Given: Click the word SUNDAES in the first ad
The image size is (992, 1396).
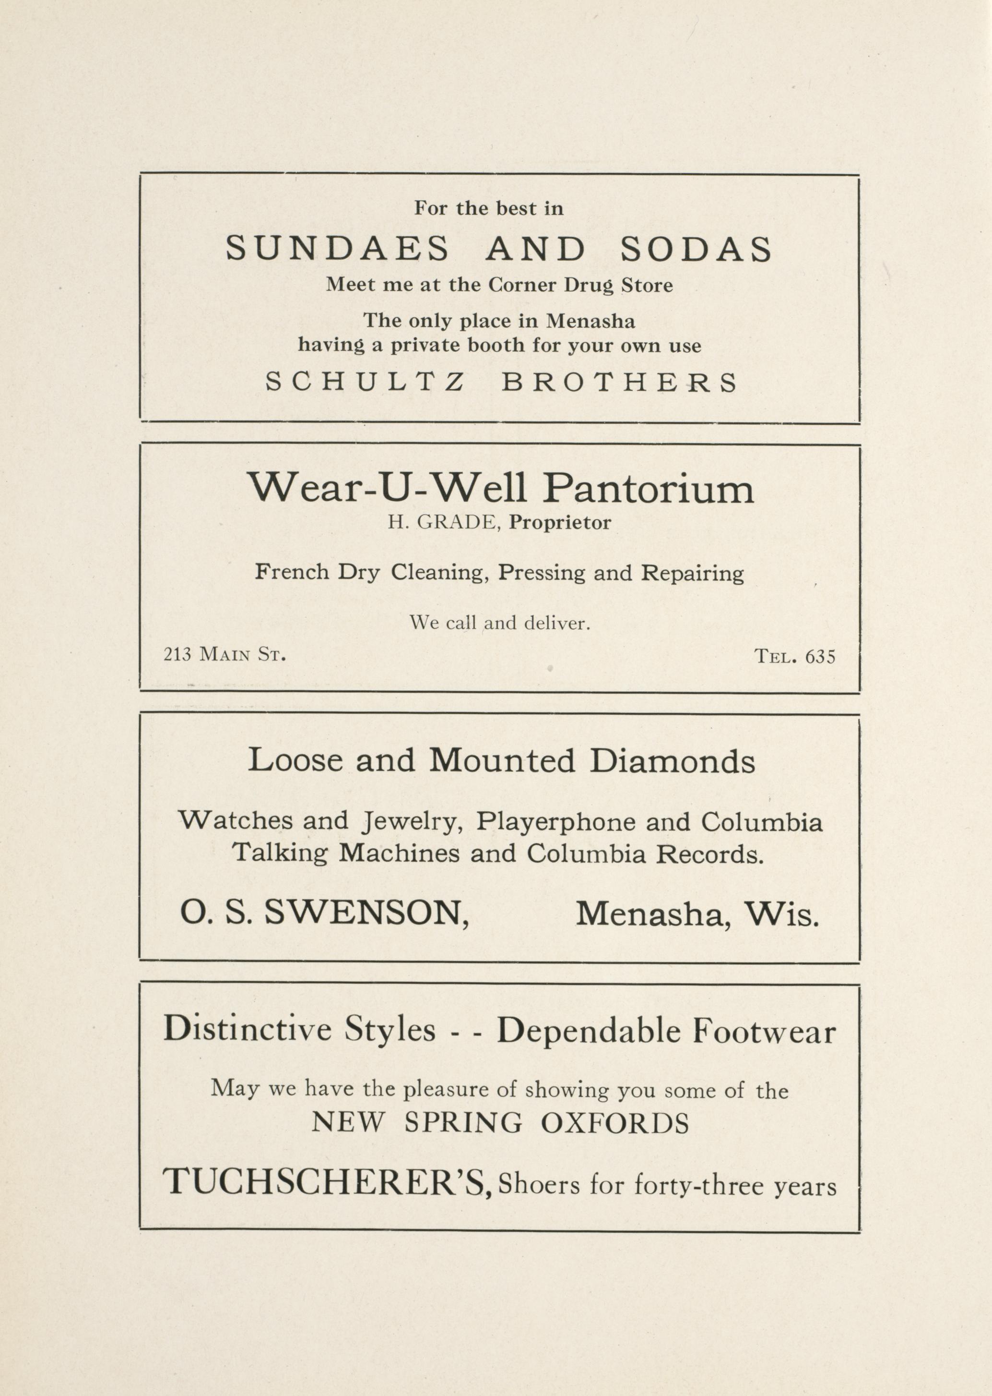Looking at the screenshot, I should [x=337, y=249].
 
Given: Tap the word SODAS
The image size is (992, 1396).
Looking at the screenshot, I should [x=697, y=249].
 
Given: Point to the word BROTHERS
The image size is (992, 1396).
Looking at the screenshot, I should [x=619, y=383].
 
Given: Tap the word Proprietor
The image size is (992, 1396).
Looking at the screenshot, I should [x=560, y=523].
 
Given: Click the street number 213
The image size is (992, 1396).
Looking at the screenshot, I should [x=177, y=655].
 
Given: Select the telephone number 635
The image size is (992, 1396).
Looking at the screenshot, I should [x=820, y=656].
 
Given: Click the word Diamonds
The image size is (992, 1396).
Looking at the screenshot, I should [x=673, y=761].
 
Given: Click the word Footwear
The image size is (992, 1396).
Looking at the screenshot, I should [x=764, y=1032].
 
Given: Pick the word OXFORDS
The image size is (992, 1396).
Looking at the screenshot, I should [x=615, y=1123].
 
